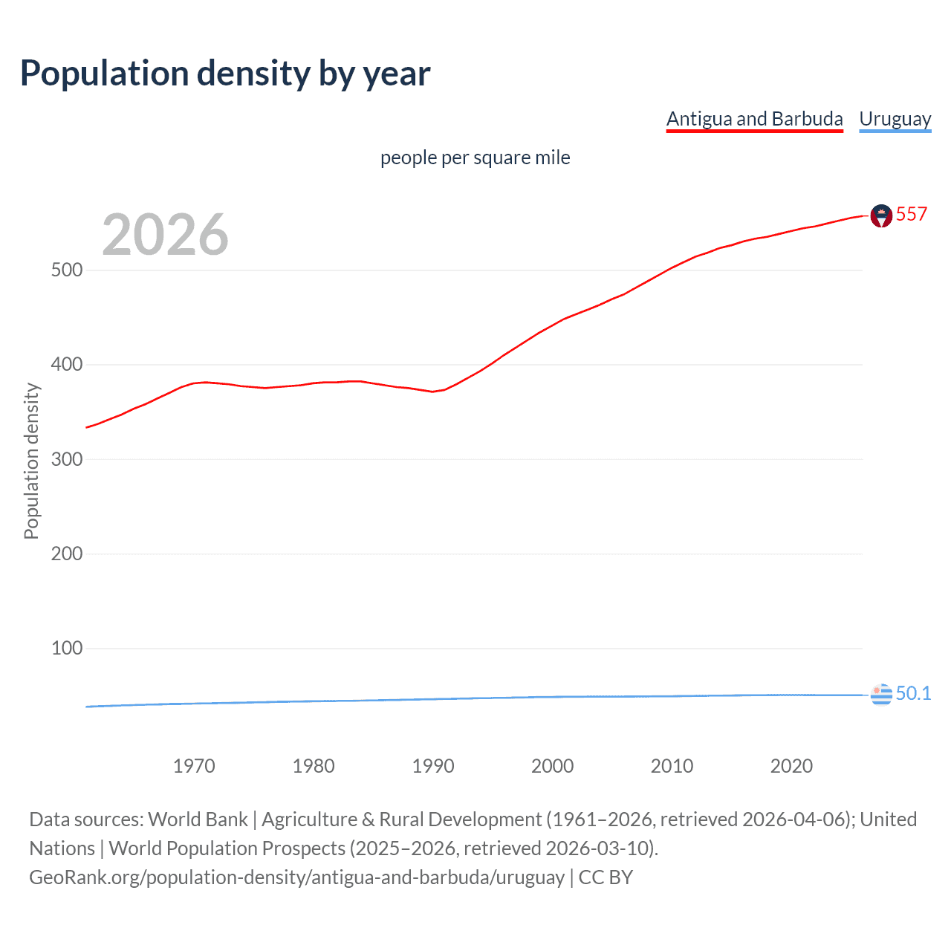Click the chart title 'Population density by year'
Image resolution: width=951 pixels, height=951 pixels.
(225, 74)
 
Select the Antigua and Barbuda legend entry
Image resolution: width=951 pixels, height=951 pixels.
(754, 119)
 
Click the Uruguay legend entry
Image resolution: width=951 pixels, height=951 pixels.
(895, 119)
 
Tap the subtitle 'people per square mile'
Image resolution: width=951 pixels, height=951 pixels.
(475, 158)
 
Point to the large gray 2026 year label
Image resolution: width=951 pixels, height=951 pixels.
(165, 235)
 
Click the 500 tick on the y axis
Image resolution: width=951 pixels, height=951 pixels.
(67, 270)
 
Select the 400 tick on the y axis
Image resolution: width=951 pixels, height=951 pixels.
(67, 365)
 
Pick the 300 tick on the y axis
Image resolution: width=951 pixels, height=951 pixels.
(67, 459)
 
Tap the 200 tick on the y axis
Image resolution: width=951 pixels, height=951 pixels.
(67, 554)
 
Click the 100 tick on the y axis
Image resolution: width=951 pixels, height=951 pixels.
(67, 648)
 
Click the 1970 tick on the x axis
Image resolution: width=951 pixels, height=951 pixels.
(194, 766)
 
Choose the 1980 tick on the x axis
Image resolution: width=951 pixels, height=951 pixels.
(314, 766)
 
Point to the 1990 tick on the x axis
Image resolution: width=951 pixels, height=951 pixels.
(433, 766)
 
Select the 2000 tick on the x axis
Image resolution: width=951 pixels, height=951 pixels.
(552, 766)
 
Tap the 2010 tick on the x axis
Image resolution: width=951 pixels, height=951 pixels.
(672, 766)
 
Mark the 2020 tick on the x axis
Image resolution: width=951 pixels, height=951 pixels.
(791, 766)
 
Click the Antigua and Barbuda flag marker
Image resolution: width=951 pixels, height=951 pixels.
(880, 215)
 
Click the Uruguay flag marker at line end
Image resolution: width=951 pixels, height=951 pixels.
(880, 694)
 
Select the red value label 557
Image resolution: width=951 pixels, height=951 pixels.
(912, 215)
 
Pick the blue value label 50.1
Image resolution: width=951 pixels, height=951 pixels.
(913, 693)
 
